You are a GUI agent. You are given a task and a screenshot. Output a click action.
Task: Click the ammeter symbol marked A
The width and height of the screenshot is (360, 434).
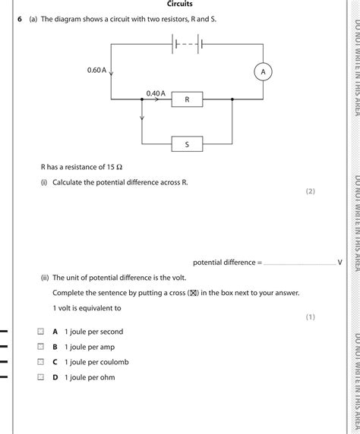tap(264, 71)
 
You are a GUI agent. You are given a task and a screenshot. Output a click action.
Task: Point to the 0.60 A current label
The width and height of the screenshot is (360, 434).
tap(96, 71)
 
